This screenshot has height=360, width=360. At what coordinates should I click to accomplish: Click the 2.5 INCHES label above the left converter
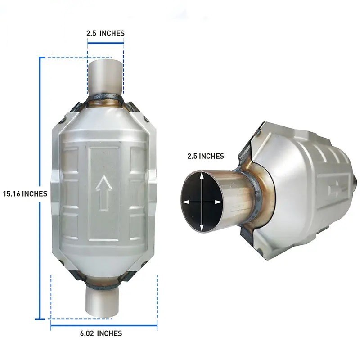(x=105, y=33)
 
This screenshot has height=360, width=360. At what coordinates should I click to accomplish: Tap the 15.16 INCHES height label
(x=24, y=193)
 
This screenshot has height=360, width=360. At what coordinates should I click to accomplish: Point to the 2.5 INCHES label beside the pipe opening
(x=205, y=156)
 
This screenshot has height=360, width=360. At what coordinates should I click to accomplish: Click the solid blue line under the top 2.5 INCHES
(x=105, y=43)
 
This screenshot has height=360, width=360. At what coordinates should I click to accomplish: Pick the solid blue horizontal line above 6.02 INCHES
(x=104, y=324)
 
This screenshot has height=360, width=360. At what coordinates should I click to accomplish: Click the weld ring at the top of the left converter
(x=105, y=98)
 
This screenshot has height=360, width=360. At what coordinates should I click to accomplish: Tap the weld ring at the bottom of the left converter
(x=104, y=283)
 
